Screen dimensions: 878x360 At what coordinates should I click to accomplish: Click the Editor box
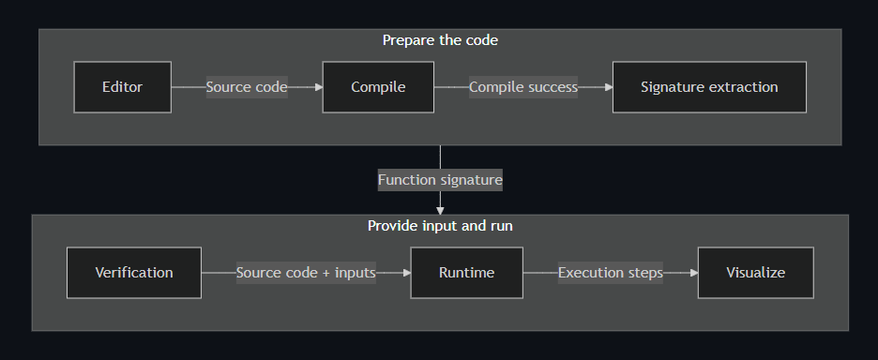123,87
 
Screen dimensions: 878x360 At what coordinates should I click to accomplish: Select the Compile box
378,87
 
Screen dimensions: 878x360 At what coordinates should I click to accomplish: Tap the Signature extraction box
709,87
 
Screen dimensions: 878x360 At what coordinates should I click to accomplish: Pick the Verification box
134,273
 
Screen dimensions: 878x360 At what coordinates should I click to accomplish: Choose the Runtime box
466,273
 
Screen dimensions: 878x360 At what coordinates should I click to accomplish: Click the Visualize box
755,273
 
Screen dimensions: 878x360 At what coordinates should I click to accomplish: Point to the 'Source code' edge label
247,87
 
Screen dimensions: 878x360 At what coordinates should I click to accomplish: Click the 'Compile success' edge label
523,87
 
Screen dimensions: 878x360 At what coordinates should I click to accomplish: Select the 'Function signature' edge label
440,180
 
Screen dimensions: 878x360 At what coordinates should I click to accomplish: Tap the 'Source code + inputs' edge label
306,273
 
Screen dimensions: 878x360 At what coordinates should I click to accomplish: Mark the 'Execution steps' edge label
611,273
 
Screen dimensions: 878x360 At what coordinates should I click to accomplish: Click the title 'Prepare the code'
440,40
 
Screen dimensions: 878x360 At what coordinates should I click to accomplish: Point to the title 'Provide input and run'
440,226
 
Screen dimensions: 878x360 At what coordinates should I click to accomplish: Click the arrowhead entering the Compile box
319,87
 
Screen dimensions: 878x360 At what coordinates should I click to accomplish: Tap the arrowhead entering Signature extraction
609,87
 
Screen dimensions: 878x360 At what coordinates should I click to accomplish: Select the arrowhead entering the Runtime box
407,273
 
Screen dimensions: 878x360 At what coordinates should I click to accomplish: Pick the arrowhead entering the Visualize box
694,273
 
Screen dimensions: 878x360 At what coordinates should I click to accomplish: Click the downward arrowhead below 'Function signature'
440,211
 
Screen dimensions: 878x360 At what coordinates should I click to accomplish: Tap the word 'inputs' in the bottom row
355,273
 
